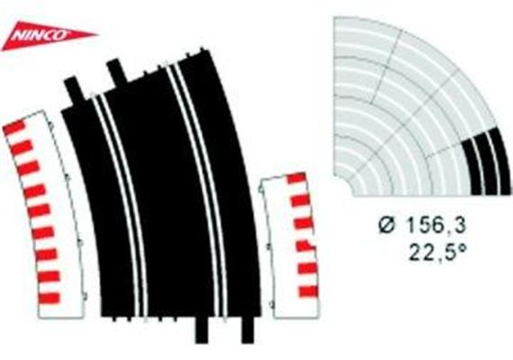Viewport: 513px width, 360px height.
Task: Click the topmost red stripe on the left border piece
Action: (14, 128)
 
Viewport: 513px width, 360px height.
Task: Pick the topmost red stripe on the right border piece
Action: (297, 178)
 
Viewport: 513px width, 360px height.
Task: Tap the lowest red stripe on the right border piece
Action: (308, 291)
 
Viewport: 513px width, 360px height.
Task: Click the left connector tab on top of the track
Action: (74, 88)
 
